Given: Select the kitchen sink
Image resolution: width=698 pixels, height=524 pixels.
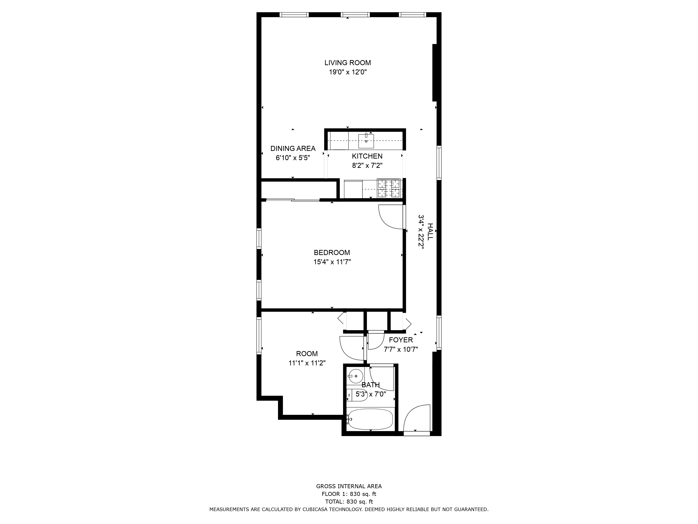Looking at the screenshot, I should coord(366,141).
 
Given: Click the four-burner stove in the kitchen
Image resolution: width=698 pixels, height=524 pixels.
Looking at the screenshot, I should coord(389,189).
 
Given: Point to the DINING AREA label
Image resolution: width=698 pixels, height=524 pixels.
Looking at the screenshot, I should coord(293,148).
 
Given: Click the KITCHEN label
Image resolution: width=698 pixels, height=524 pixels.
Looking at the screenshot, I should coord(367,156).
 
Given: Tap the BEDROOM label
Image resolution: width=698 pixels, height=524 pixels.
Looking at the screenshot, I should coord(332,253).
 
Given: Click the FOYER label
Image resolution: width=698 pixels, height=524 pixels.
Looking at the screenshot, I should coord(401,340).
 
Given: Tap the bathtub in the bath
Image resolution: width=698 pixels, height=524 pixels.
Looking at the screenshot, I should coord(370,419).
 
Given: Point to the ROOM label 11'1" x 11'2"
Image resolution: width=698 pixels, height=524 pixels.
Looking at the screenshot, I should coord(307,354).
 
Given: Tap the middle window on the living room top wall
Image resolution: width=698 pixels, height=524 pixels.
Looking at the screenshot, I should coord(355,14).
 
